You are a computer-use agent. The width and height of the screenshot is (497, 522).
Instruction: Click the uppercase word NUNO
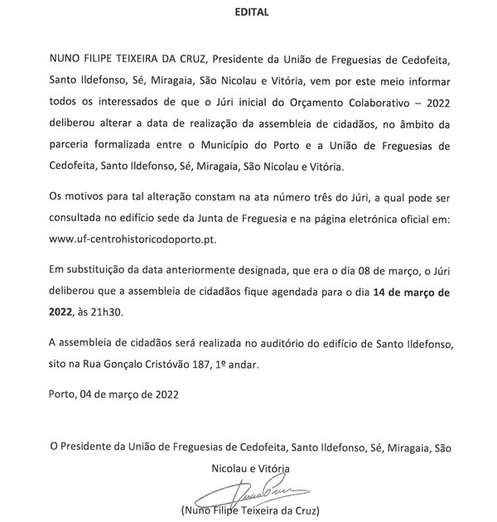(69, 59)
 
